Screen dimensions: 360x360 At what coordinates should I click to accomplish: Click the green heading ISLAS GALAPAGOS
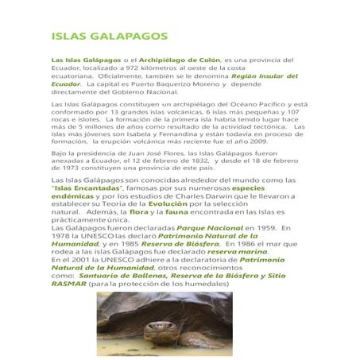[x=109, y=37]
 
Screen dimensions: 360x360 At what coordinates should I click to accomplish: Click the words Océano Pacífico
[x=256, y=105]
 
